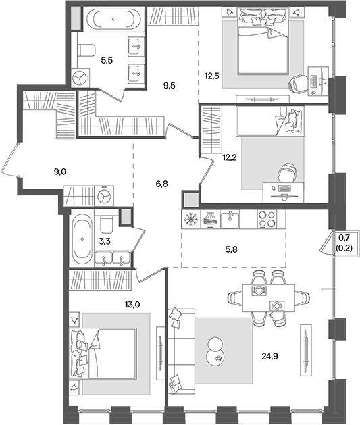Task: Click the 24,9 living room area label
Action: point(269,356)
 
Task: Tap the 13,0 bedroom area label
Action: point(132,305)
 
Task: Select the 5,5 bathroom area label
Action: point(107,60)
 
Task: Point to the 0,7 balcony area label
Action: point(344,238)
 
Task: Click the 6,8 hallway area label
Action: point(161,184)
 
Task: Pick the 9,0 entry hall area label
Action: point(60,172)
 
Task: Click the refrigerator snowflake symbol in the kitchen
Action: point(191,219)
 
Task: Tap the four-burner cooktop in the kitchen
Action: point(267,219)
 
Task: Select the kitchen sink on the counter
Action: point(230,220)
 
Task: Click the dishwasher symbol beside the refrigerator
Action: point(209,219)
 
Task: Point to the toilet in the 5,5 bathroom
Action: point(86,50)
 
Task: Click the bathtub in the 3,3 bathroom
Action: point(82,239)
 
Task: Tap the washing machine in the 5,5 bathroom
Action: point(80,78)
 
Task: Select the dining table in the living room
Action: point(268,298)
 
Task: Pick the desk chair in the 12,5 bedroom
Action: point(297,82)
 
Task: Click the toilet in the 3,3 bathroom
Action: point(106,224)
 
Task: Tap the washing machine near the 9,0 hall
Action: point(104,196)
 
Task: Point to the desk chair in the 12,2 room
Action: point(287,173)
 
